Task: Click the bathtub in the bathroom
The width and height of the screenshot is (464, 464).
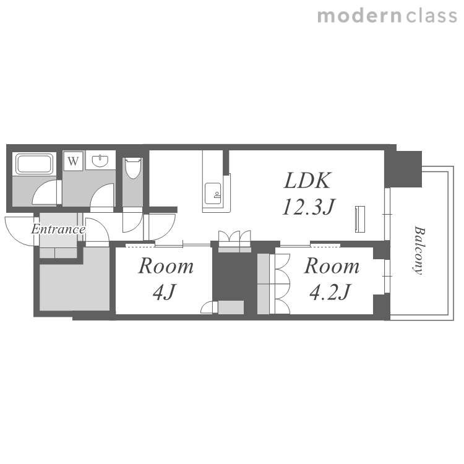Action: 35,164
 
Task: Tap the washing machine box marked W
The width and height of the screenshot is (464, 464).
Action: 73,161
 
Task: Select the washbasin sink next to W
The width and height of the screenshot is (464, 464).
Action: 100,161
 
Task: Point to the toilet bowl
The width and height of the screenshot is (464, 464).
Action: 133,168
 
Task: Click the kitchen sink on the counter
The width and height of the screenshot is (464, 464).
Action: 213,194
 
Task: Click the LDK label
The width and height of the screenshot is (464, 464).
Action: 307,181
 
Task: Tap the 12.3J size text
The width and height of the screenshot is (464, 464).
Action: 308,207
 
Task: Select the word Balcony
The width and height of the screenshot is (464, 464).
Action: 419,251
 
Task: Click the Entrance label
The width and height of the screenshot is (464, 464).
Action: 58,230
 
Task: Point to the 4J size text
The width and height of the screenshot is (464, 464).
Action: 165,292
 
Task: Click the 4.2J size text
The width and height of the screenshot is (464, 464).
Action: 330,292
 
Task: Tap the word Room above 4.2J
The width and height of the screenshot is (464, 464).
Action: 332,266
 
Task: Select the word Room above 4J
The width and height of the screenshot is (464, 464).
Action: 166,266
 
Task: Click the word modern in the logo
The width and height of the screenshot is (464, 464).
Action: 359,15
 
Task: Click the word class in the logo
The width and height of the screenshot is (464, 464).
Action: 431,15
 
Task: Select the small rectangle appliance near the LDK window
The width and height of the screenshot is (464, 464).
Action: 360,219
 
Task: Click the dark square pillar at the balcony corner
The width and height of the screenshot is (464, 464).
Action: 408,169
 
